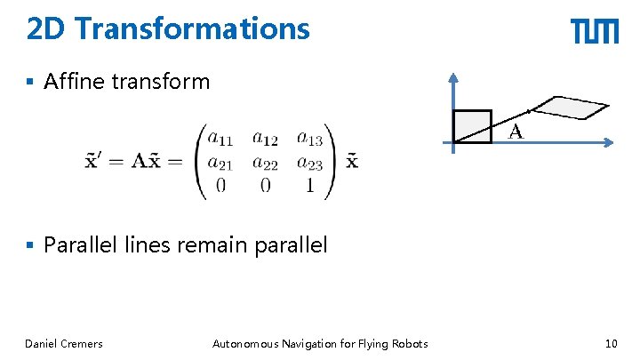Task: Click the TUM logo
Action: pos(595,32)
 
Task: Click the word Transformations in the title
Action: pos(193,29)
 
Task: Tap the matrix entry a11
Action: pos(220,138)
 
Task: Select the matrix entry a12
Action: pos(265,138)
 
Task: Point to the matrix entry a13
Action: pos(309,138)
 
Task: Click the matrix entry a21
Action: pos(220,162)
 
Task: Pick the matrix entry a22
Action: pos(265,162)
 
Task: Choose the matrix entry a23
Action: pos(309,162)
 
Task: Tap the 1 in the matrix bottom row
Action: pos(308,186)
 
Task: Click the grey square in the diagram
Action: pos(471,126)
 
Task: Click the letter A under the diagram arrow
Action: pos(515,133)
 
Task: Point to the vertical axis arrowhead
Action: pos(453,77)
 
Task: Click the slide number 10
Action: pos(611,344)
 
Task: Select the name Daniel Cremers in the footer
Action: pos(64,344)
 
